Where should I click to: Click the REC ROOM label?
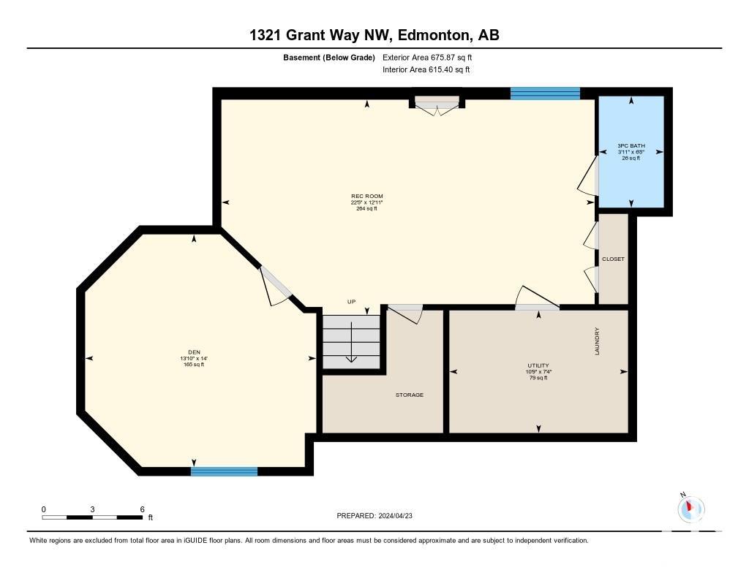point(367,196)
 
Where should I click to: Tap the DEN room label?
point(194,352)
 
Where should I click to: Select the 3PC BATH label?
point(631,145)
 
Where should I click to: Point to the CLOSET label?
point(614,259)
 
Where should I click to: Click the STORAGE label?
point(410,395)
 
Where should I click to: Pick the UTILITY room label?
point(538,365)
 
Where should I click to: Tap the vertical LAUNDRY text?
point(597,341)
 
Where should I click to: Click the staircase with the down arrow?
point(352,341)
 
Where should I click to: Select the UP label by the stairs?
point(352,302)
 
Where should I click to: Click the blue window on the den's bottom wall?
point(224,471)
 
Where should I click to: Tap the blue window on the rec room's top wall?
point(545,93)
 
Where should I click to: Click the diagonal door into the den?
point(276,286)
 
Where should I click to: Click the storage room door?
point(405,313)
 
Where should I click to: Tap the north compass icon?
point(690,509)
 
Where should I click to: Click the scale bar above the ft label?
point(92,517)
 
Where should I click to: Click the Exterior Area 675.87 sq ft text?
point(427,58)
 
